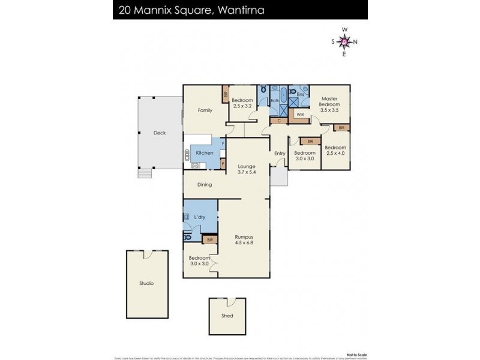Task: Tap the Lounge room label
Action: click(x=246, y=166)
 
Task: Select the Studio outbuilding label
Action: click(x=146, y=283)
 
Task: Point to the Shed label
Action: click(x=227, y=316)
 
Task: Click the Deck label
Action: click(x=159, y=133)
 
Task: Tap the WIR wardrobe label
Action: click(x=299, y=113)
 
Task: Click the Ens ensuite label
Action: click(x=300, y=94)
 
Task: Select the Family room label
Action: click(x=206, y=110)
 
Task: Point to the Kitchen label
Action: click(x=205, y=153)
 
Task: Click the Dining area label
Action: click(x=205, y=185)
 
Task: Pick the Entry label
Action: click(x=280, y=153)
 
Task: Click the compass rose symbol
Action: click(x=344, y=41)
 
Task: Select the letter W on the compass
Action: click(x=344, y=29)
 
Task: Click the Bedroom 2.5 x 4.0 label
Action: click(x=335, y=151)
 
